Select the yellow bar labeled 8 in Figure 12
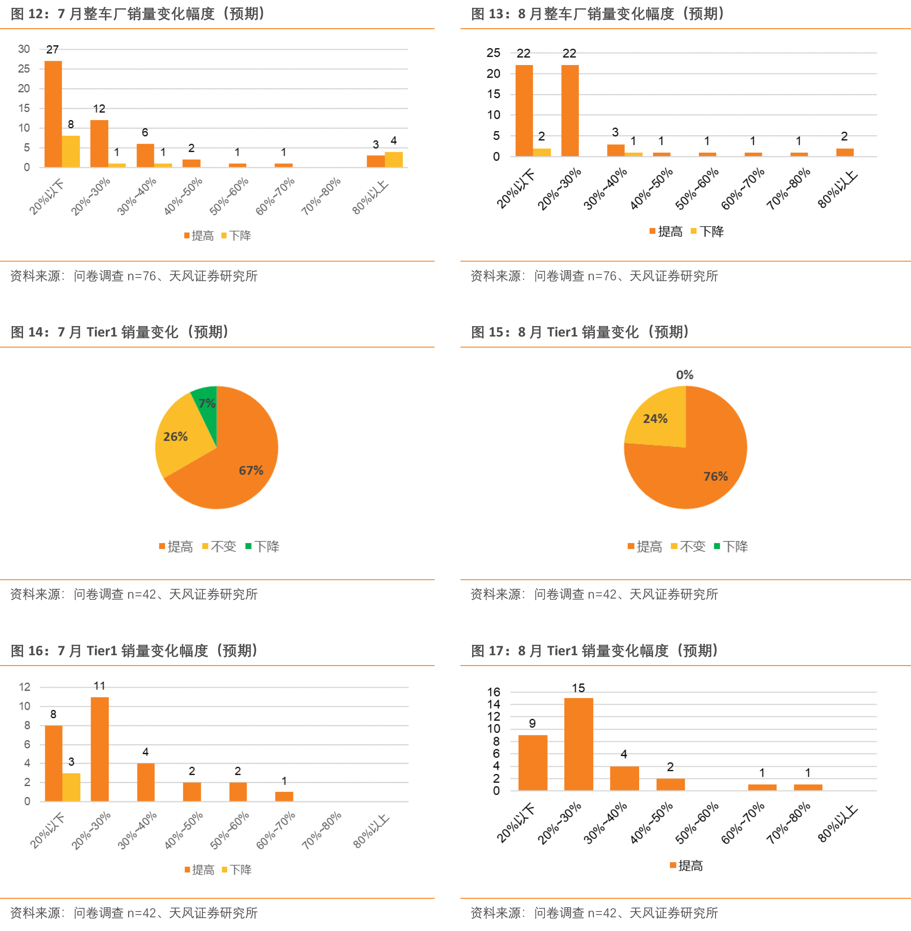tap(71, 151)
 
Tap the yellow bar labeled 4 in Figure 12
tap(393, 159)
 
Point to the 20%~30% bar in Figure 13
tap(569, 111)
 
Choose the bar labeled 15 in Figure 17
tap(578, 744)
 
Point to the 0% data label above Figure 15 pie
tap(684, 375)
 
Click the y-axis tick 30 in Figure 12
tap(23, 49)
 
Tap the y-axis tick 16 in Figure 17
tap(493, 692)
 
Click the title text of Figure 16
tap(134, 650)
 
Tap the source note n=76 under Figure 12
tap(142, 276)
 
